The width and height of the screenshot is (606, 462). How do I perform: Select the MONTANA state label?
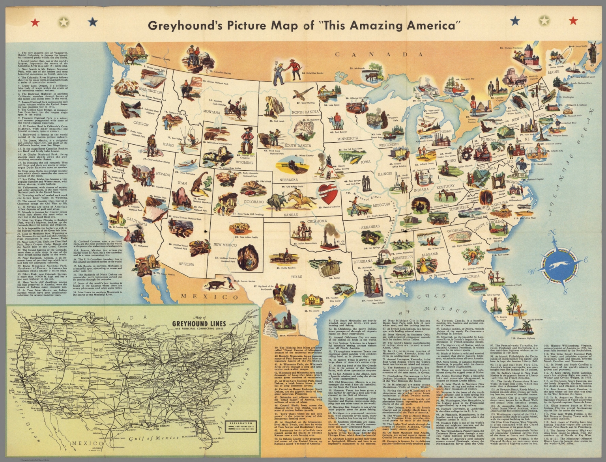click(x=211, y=112)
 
